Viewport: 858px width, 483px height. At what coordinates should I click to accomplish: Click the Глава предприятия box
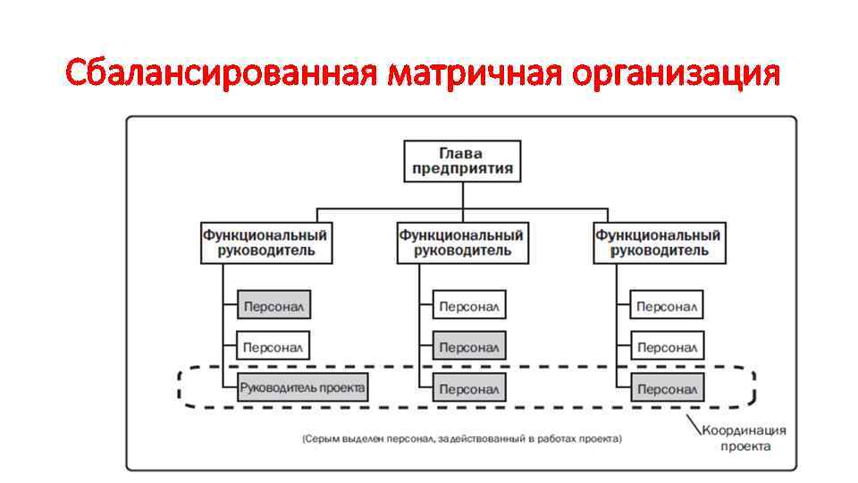pos(462,161)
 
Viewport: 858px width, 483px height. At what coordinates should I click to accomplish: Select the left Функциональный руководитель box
pos(265,242)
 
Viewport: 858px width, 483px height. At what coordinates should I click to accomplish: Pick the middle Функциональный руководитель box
pos(462,242)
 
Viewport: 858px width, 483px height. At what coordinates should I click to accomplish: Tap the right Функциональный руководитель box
pos(659,242)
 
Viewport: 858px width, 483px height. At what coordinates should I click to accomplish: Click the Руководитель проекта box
pos(302,388)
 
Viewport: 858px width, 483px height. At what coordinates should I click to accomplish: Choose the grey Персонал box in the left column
pos(273,305)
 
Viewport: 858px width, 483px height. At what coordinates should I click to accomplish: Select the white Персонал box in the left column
pos(273,346)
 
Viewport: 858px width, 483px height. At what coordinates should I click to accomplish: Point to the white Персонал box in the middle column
pos(469,305)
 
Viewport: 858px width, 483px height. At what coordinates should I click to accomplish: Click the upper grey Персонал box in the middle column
pos(469,346)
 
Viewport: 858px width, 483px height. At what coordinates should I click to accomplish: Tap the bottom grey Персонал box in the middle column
pos(469,388)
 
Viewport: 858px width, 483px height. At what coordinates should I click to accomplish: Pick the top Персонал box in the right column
pos(666,305)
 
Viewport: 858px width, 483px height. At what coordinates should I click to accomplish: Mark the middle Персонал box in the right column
pos(666,346)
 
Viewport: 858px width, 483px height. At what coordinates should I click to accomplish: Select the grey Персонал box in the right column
pos(666,388)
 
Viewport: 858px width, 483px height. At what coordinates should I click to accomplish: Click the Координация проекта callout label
pos(736,437)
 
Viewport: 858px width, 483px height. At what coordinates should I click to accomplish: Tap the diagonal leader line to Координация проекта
pos(692,421)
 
